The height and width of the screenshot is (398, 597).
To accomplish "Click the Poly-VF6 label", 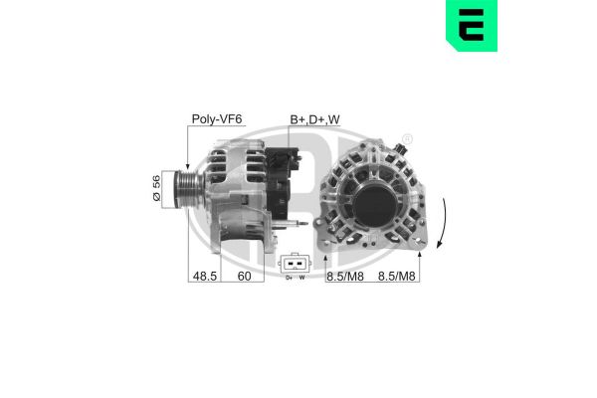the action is pos(217,119).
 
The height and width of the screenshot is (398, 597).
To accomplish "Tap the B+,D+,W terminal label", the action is pos(314,119).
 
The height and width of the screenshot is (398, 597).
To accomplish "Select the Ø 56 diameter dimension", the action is pos(156,188).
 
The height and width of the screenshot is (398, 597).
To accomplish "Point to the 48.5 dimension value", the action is pos(204,276).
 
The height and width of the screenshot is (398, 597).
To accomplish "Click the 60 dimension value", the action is pos(244,276).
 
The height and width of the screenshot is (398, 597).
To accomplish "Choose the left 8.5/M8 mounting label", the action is pos(345,277).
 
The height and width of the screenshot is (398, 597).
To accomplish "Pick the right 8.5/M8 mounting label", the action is pos(396,277).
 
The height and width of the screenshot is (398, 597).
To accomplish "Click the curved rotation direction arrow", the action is pos(444,223).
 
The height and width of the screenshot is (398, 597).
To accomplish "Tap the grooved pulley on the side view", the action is pos(188,189).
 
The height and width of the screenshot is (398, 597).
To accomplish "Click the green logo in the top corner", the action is pos(472,25).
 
